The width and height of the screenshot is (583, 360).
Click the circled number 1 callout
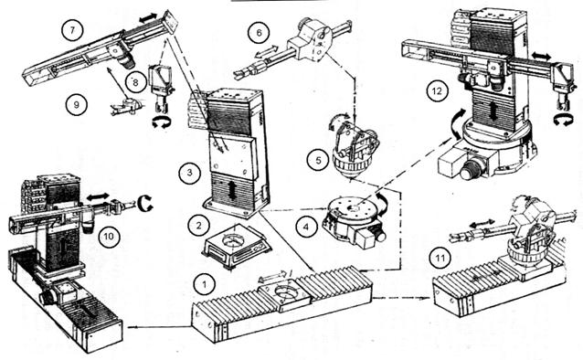205,284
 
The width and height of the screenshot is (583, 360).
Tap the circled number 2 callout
199,225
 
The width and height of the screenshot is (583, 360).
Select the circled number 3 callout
190,173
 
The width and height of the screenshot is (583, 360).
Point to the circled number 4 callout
306,226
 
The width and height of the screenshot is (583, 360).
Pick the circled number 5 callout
318,160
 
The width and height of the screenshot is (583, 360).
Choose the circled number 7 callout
72,30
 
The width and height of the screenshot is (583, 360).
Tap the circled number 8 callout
135,82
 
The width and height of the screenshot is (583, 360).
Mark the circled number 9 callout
77,104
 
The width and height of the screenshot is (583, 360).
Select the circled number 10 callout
109,236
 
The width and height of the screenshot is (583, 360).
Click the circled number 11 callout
440,258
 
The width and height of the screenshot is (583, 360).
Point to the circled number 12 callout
437,90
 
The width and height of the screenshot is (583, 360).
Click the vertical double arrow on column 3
232,191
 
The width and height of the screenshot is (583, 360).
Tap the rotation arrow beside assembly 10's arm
144,204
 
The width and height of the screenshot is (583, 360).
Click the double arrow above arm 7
148,17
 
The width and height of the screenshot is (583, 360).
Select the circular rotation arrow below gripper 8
162,122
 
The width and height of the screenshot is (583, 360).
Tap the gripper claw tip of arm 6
238,74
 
